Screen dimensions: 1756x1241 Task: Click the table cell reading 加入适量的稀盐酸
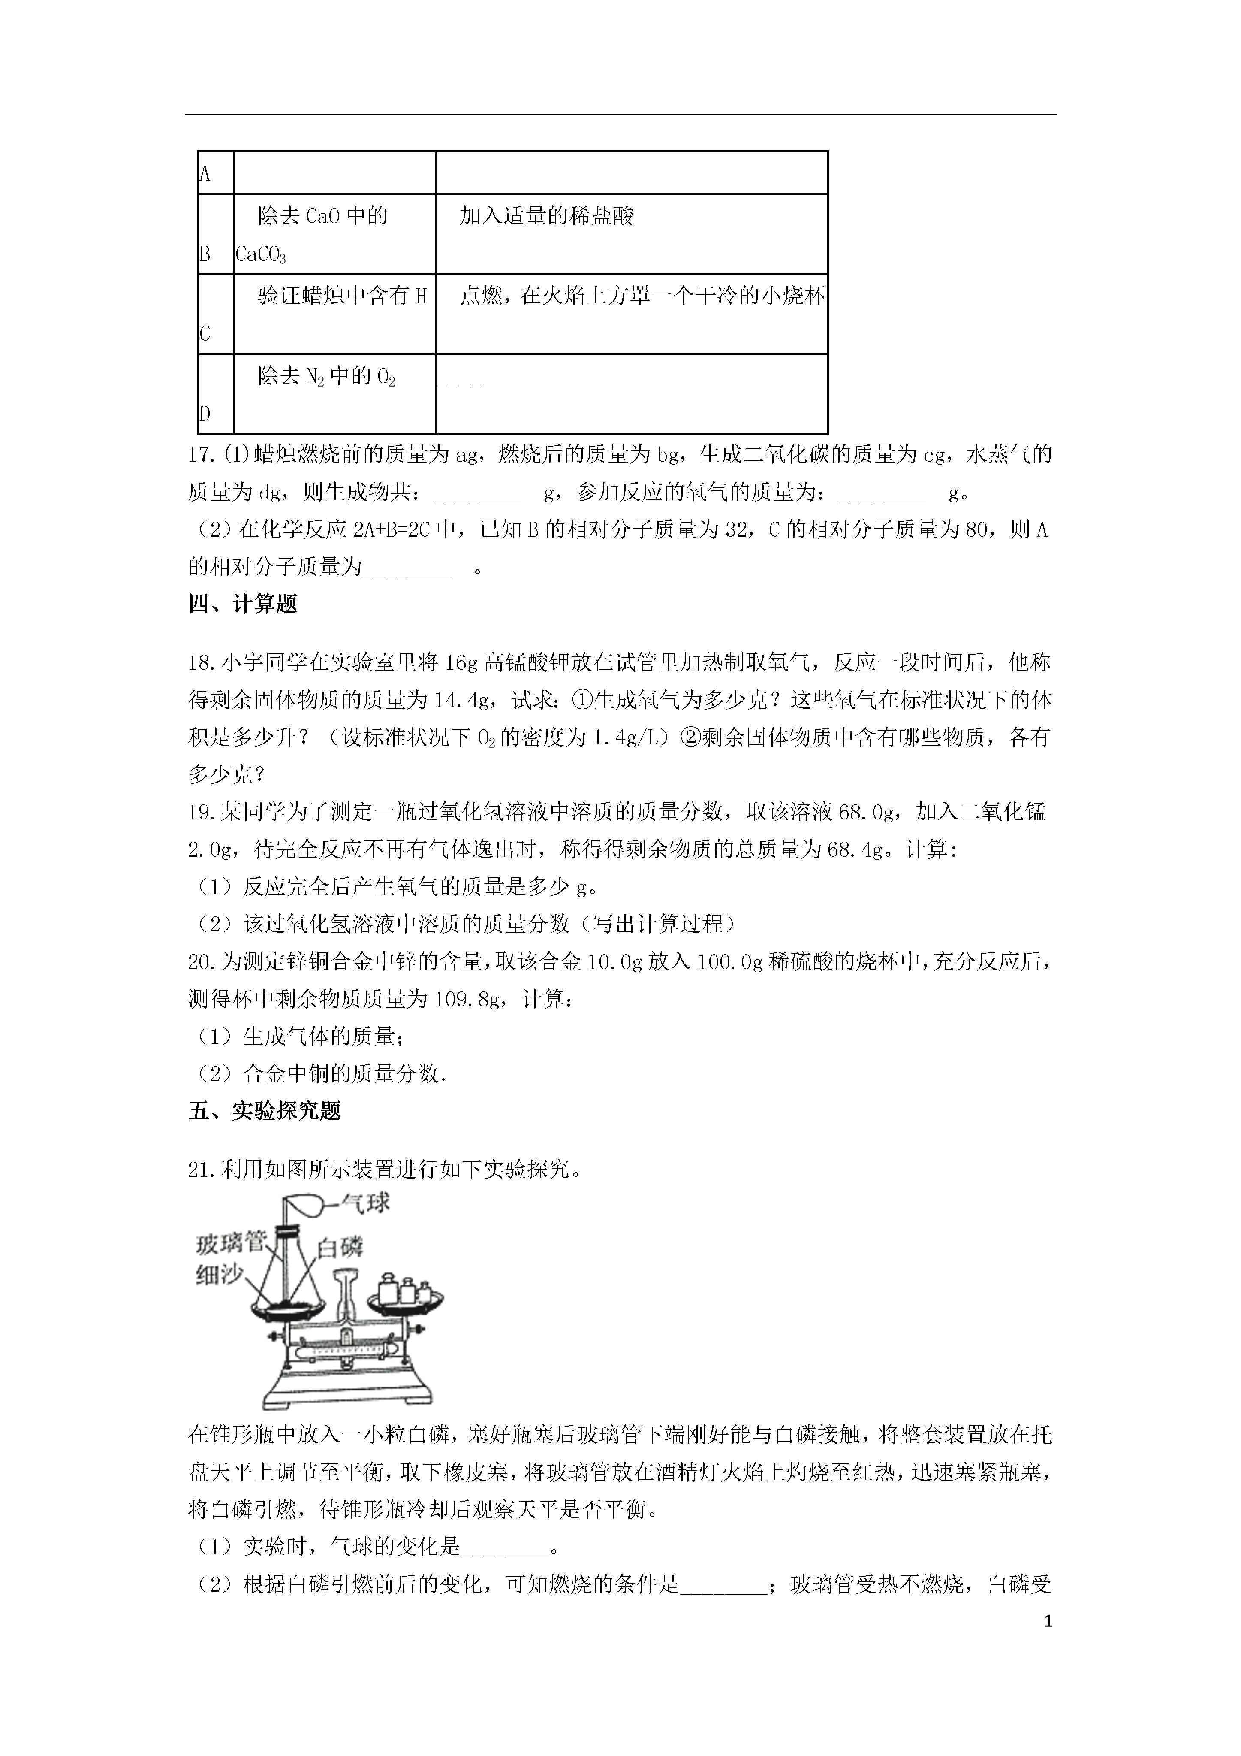[547, 216]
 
